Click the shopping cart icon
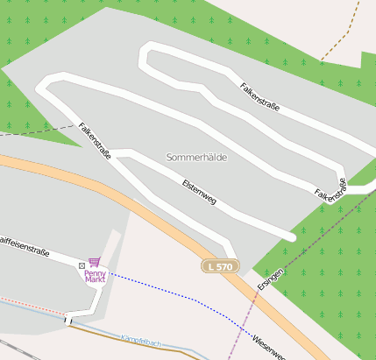pyautogui.click(x=94, y=262)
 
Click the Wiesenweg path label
pyautogui.click(x=268, y=345)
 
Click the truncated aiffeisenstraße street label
pyautogui.click(x=25, y=245)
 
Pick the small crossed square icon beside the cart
pyautogui.click(x=82, y=263)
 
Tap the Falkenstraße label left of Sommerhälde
pyautogui.click(x=95, y=140)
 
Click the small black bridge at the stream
pyautogui.click(x=67, y=321)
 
